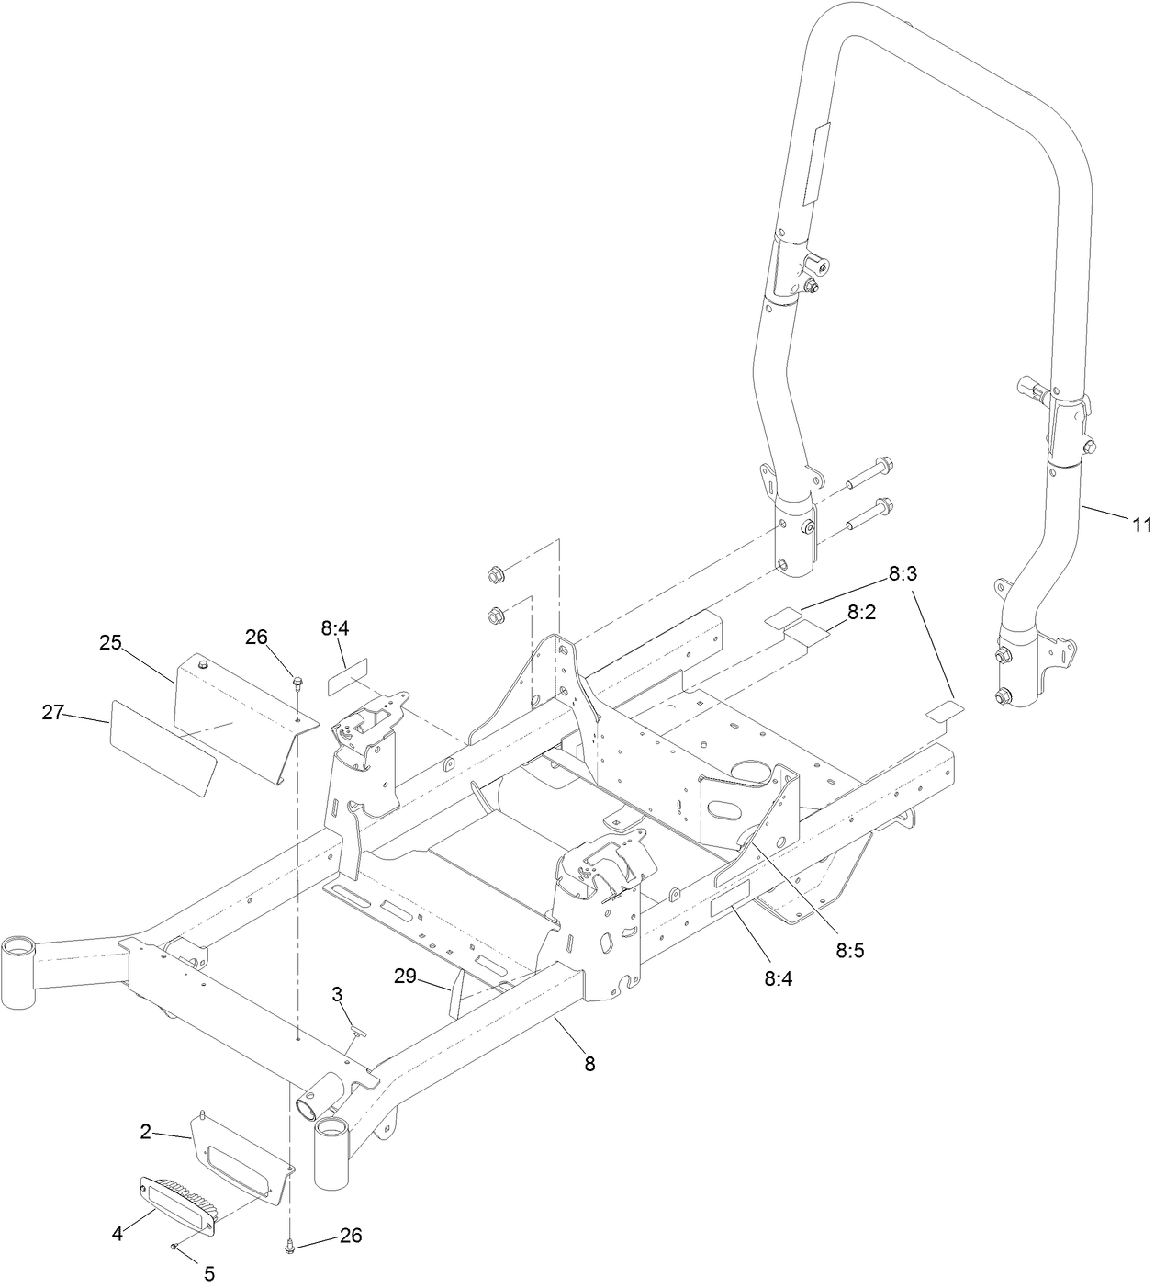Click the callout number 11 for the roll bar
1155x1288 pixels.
pos(1139,525)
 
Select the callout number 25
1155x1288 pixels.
pos(110,643)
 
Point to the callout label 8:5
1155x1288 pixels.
pos(850,950)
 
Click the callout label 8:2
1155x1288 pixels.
pos(860,612)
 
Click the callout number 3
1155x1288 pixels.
pos(337,993)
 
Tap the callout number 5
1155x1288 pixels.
pos(208,1273)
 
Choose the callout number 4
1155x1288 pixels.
pos(118,1235)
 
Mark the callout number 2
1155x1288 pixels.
pos(145,1133)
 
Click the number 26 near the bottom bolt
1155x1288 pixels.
pos(350,1236)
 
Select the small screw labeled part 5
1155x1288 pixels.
pos(174,1247)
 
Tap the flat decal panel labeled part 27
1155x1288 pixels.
pos(163,747)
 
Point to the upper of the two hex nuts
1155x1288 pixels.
pos(493,576)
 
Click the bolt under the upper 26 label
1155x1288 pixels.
pos(297,682)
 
